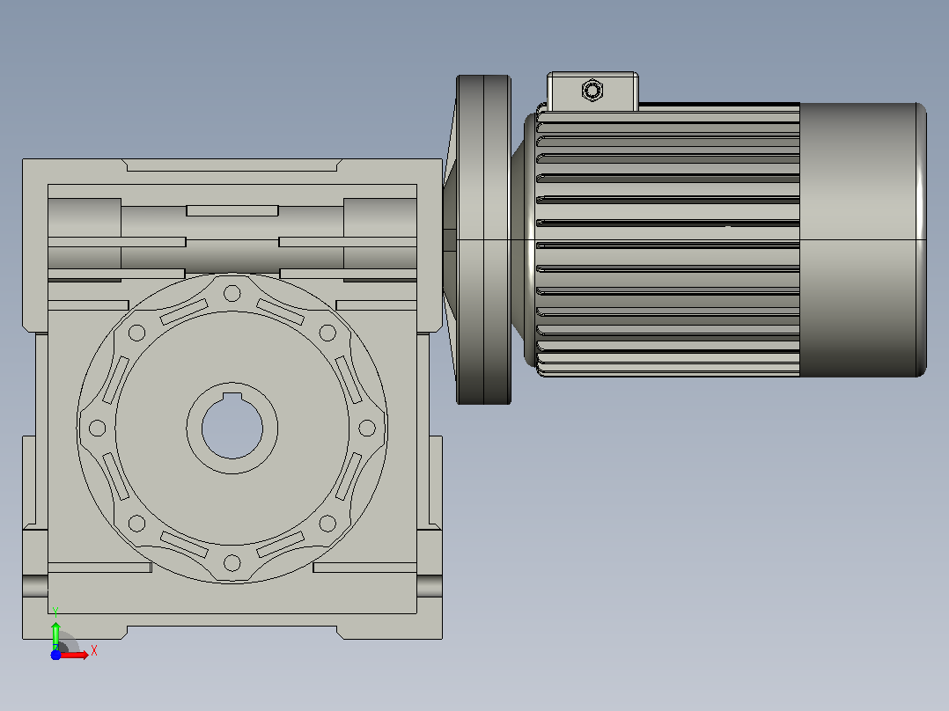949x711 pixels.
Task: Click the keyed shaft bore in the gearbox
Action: click(232, 428)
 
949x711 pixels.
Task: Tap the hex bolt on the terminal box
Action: click(592, 91)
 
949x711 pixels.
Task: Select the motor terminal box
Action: click(592, 92)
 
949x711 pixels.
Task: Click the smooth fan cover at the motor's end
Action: click(863, 239)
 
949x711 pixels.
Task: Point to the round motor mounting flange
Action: click(483, 239)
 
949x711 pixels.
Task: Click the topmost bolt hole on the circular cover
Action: click(232, 294)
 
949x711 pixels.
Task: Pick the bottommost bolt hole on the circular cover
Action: click(232, 563)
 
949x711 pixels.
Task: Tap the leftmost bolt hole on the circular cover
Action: click(98, 428)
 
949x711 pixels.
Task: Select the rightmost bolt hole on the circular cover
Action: click(367, 428)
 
